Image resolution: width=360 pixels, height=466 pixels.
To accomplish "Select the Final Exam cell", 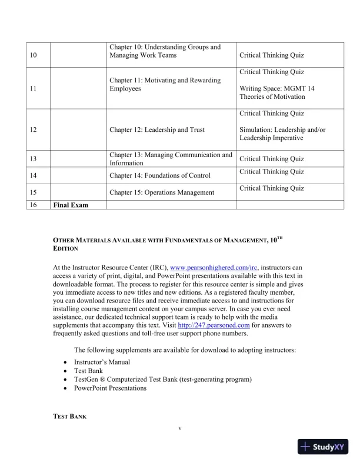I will [69, 205].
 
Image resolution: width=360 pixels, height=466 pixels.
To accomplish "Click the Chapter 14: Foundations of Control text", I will [160, 175].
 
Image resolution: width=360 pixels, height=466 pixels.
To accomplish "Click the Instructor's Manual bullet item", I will [102, 362].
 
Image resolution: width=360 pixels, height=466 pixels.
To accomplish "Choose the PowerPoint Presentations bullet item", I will [110, 388].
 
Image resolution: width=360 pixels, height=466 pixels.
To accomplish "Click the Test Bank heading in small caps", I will [70, 416].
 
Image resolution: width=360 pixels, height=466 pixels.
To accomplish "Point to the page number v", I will [180, 428].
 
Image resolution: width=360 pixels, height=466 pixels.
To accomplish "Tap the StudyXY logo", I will [324, 447].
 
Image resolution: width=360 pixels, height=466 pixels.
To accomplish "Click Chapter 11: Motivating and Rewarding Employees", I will [165, 84].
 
